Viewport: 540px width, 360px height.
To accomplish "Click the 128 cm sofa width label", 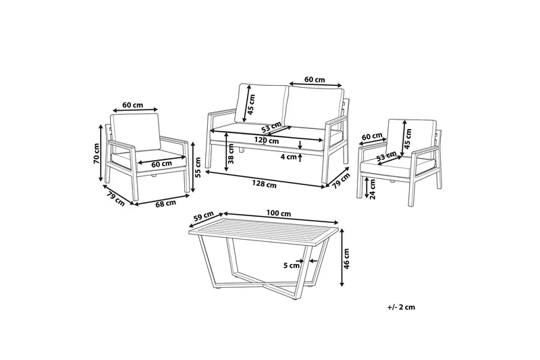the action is pos(264,184).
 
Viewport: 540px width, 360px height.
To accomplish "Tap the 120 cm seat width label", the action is pos(267,140).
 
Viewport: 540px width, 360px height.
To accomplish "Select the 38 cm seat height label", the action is pos(231,153).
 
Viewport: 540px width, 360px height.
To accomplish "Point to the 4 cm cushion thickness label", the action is pos(289,157).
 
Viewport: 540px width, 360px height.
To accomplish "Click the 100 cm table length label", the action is pos(279,213).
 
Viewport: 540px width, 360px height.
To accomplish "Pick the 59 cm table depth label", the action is pos(203,217).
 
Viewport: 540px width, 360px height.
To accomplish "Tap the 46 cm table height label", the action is pos(346,259).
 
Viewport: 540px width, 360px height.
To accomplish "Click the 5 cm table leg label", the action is pos(292,265).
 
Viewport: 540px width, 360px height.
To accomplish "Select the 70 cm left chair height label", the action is pos(97,153).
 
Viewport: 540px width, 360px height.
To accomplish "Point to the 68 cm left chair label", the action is pos(165,203).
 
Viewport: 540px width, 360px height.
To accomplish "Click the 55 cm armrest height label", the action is pos(198,167).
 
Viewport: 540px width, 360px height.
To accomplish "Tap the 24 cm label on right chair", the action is pos(373,190).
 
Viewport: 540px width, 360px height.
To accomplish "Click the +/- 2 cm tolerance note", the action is pos(401,307).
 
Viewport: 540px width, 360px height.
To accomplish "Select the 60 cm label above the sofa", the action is pos(315,80).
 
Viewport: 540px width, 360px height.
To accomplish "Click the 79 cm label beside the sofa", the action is pos(341,181).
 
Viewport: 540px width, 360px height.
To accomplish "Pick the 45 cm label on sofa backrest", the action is pos(251,105).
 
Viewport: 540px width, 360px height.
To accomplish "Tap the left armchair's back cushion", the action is pos(135,132).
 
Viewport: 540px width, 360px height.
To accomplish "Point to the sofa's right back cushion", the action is pos(315,107).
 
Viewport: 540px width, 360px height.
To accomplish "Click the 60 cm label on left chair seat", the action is pos(161,164).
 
